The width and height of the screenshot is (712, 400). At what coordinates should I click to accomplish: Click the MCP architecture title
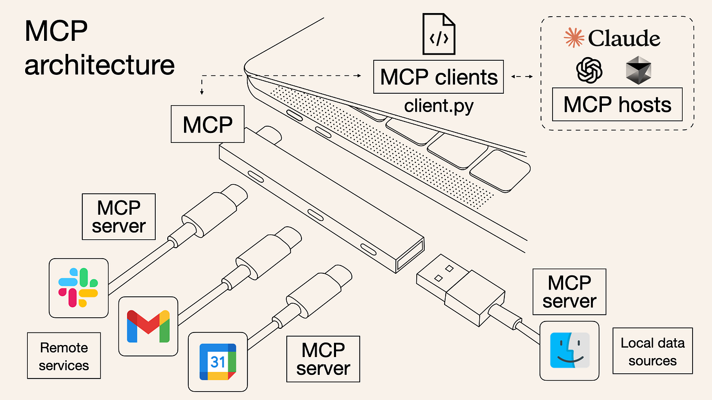point(99,49)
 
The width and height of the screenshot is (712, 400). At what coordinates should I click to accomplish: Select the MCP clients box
point(438,77)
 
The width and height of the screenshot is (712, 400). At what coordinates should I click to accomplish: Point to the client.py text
point(438,106)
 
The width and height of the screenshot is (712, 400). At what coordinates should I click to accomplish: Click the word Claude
point(624,38)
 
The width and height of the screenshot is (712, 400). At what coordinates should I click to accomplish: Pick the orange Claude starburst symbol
point(574,38)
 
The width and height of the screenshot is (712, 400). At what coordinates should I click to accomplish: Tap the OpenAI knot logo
point(589,70)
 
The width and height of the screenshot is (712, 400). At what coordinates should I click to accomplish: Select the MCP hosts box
point(617,105)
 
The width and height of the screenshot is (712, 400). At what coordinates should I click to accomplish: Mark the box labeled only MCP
point(208,124)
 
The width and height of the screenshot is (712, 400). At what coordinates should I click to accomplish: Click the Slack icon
point(79,287)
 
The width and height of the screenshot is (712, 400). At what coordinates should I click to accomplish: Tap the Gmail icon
point(148,326)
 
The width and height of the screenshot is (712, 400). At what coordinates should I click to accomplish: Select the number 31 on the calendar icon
point(218,361)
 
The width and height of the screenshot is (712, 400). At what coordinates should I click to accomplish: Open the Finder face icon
point(569,350)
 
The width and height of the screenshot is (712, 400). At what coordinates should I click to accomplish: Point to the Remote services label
point(64,356)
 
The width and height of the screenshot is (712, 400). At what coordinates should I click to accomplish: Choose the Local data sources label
point(652,351)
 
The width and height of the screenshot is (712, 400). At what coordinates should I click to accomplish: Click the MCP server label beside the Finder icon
point(569,292)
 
